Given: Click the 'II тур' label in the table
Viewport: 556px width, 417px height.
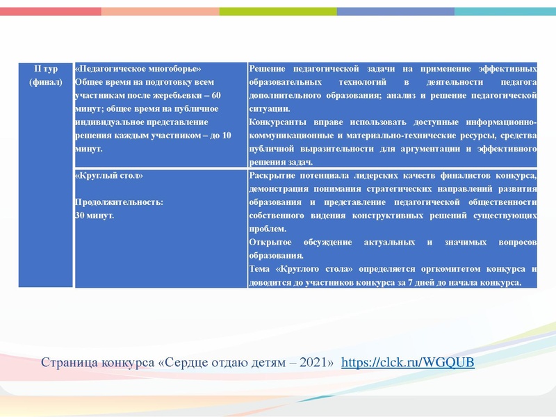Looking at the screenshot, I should [46, 69].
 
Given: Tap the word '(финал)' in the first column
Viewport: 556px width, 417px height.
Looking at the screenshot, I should [46, 83].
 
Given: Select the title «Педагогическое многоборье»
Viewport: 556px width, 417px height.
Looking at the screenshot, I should [137, 69].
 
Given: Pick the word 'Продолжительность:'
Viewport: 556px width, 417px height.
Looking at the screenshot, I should [119, 202].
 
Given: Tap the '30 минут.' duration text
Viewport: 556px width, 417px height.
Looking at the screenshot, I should [95, 215].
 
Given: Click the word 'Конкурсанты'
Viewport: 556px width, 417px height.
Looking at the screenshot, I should [277, 122].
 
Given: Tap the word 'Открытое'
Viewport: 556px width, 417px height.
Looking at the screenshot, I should [271, 243].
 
